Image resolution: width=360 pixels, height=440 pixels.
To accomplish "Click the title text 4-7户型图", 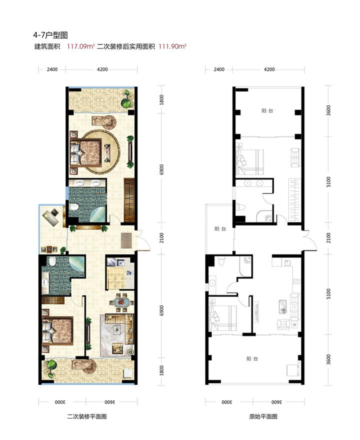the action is (x=50, y=35).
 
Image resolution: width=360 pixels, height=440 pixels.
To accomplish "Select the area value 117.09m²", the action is (x=80, y=46).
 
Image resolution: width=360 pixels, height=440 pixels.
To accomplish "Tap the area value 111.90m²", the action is (x=172, y=46).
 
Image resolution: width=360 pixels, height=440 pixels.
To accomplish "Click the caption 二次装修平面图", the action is (x=87, y=416).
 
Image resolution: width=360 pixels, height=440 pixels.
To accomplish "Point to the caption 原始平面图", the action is (x=263, y=416).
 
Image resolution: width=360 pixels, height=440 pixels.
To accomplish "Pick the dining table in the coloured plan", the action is (x=121, y=302).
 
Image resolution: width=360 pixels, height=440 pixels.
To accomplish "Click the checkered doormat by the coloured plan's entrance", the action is (x=126, y=240).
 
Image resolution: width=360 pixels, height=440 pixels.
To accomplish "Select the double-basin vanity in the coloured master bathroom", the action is (x=87, y=183).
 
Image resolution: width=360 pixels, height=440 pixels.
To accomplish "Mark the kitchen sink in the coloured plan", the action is (x=121, y=263).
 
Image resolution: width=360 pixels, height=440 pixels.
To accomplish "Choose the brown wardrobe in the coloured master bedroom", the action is (x=129, y=200).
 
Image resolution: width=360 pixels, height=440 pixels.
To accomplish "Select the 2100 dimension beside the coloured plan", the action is (x=161, y=238).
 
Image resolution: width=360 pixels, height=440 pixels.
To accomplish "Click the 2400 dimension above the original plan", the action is (x=219, y=69).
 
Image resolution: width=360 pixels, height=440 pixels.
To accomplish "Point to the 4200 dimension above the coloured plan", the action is (x=102, y=69).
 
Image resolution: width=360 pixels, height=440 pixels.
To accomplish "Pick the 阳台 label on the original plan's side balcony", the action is (x=220, y=229).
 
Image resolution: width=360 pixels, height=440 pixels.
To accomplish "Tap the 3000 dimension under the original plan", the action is (x=227, y=402).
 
